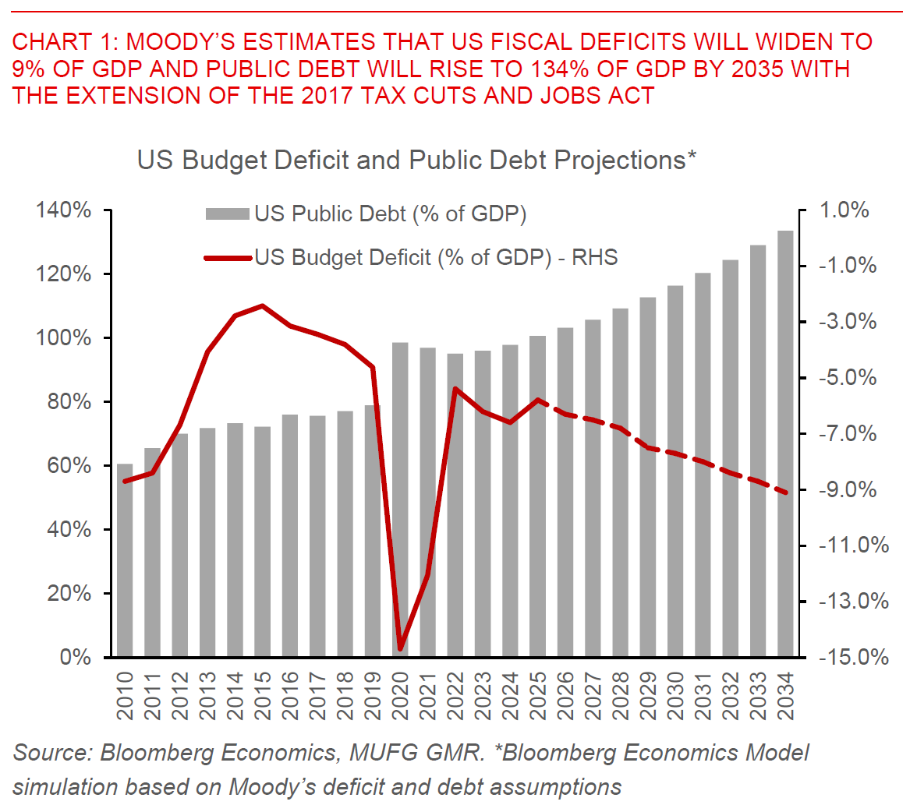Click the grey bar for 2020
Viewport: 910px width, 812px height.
click(400, 499)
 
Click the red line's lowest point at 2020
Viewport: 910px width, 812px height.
click(401, 648)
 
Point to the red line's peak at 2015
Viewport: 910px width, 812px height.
click(263, 305)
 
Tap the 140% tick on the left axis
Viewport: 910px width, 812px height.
click(63, 210)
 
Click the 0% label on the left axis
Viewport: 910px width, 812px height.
click(76, 657)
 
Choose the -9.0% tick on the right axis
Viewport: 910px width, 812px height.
click(848, 489)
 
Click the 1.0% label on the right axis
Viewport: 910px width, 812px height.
click(844, 210)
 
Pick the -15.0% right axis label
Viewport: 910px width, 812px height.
click(852, 657)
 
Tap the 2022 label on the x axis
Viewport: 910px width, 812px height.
click(455, 696)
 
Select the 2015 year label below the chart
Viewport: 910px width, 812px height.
click(263, 696)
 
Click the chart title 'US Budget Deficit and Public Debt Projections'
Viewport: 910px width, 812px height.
click(416, 160)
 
